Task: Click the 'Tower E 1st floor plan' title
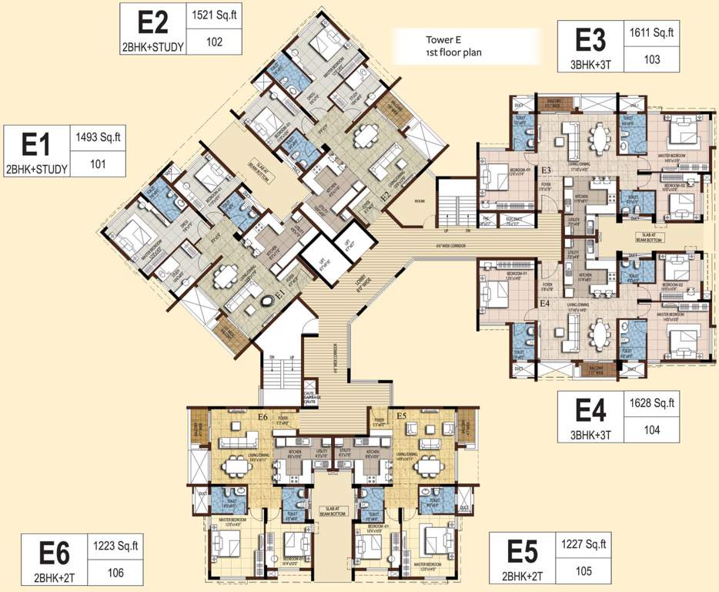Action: point(441,48)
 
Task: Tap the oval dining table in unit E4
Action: point(598,335)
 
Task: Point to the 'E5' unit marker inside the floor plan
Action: point(400,416)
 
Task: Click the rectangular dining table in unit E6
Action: point(235,466)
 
